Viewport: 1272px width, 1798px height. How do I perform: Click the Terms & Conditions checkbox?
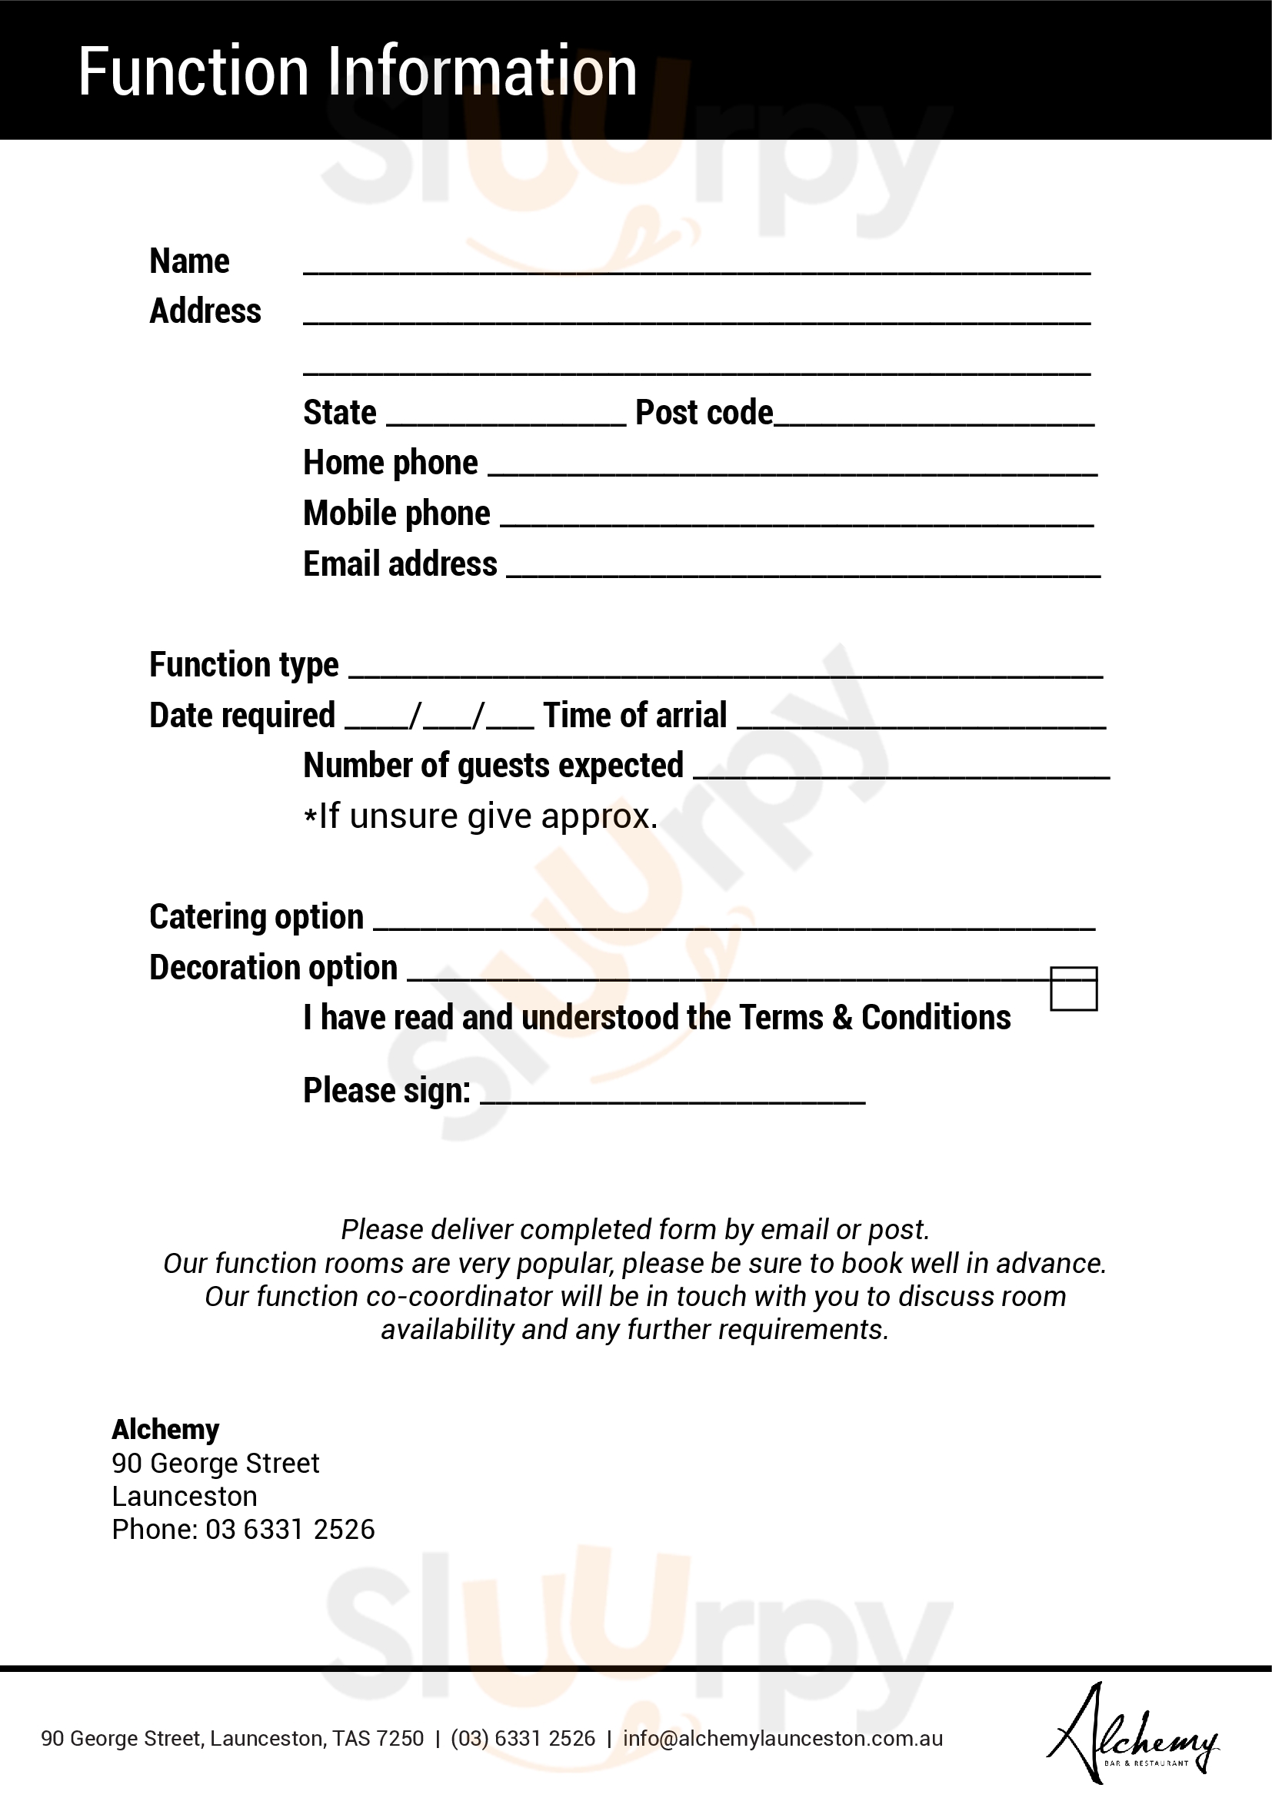pos(1073,989)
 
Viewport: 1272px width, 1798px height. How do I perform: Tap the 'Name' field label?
pos(189,261)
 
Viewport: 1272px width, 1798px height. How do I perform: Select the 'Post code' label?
pos(704,413)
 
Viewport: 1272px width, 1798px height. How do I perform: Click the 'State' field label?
pos(340,413)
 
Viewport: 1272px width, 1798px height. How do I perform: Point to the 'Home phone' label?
pos(390,463)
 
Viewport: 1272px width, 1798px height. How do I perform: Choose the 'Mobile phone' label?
pos(396,513)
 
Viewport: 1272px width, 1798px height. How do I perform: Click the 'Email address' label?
pos(399,563)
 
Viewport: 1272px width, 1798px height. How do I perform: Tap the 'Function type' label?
pos(244,665)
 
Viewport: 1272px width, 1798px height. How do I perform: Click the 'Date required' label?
pos(242,716)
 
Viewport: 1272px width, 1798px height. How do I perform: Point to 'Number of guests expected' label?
pos(494,766)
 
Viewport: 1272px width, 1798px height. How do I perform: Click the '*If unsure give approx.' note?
pos(480,816)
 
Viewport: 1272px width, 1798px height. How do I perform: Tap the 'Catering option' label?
pos(256,917)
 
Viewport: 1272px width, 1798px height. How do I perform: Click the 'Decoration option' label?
pos(273,968)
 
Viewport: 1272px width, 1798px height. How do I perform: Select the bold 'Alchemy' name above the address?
pos(165,1430)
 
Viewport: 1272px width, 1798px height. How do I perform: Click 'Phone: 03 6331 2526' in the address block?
pos(243,1530)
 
